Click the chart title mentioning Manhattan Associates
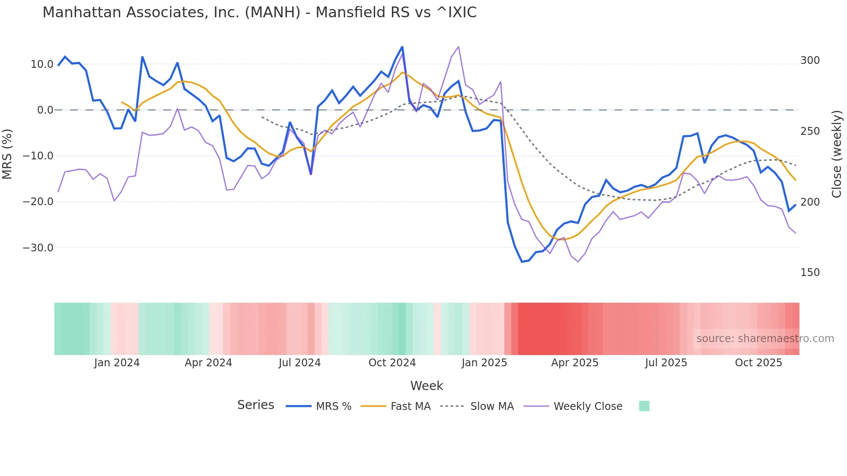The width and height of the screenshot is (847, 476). pyautogui.click(x=259, y=13)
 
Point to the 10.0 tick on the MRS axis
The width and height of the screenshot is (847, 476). pyautogui.click(x=42, y=64)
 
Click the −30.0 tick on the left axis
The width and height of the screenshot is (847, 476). pyautogui.click(x=38, y=248)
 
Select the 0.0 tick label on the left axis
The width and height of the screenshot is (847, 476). pyautogui.click(x=45, y=110)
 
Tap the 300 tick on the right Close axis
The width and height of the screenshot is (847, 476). pyautogui.click(x=810, y=60)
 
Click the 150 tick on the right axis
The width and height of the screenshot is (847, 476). pyautogui.click(x=810, y=273)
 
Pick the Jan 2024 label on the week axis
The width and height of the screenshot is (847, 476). pyautogui.click(x=117, y=363)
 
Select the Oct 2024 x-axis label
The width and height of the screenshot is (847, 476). pyautogui.click(x=392, y=363)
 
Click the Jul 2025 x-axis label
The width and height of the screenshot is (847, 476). pyautogui.click(x=666, y=363)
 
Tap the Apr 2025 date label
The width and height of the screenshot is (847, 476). pyautogui.click(x=574, y=363)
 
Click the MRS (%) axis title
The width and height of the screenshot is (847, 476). pyautogui.click(x=7, y=154)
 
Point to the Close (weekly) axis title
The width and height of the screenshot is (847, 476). pyautogui.click(x=837, y=154)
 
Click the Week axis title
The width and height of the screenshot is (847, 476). pyautogui.click(x=427, y=386)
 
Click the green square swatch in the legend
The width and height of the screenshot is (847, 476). pyautogui.click(x=644, y=406)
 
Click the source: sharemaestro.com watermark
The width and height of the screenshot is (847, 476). pyautogui.click(x=765, y=339)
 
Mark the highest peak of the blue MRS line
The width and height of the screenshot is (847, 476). pyautogui.click(x=402, y=47)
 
